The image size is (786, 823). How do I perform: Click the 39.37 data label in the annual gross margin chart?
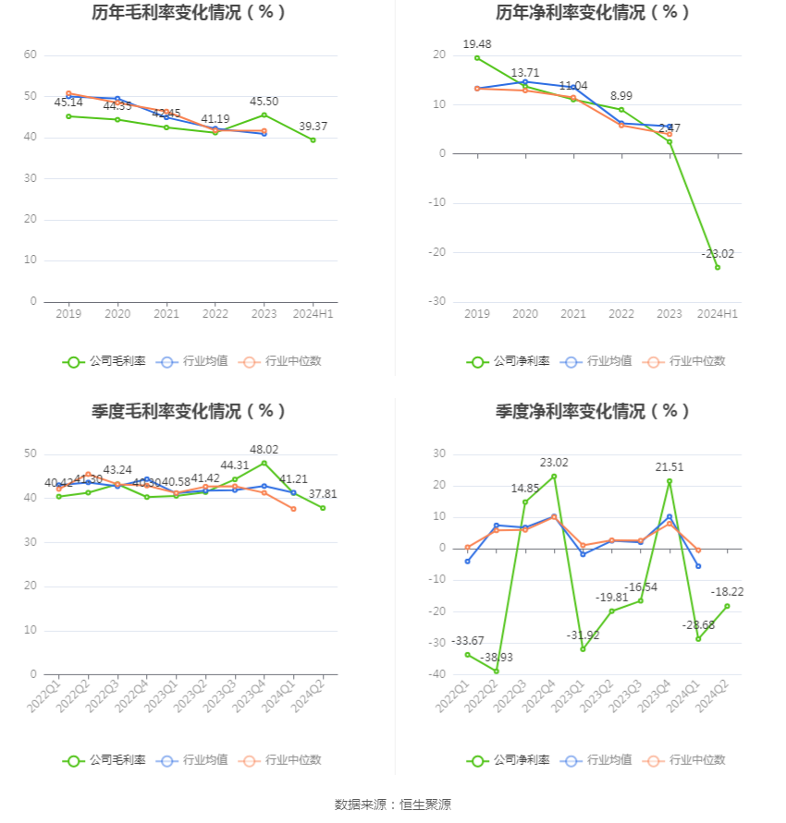pos(313,127)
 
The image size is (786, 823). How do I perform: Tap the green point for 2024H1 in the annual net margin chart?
pos(718,267)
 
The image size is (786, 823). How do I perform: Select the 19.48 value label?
pos(477,44)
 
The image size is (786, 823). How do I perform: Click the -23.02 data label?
pos(717,254)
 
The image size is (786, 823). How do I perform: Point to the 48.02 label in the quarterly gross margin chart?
pos(264,450)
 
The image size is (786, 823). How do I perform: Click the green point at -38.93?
pos(497,671)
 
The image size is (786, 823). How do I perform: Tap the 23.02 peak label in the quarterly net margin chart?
pos(554,463)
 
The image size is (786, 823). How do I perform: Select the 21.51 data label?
pos(669,467)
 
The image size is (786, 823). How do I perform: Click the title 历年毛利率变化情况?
pos(189,13)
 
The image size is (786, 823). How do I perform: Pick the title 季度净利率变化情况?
pos(593,412)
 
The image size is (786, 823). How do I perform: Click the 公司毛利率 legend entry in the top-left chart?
pos(104,361)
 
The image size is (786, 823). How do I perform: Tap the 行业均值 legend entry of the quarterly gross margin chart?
pos(193,760)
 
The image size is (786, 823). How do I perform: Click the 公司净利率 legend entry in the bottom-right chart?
pos(509,760)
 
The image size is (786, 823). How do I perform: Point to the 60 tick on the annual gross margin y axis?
pos(31,55)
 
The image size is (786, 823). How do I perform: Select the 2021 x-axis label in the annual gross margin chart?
pos(166,314)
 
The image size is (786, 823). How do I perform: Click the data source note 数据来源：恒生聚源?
pos(393,805)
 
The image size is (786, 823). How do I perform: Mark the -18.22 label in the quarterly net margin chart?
pos(727,591)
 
